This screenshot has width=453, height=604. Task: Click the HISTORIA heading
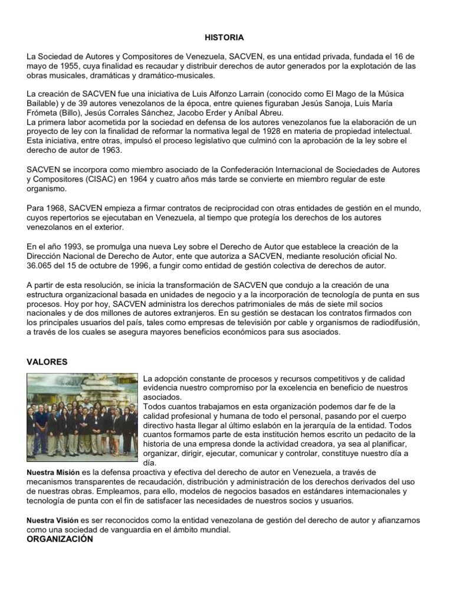point(224,37)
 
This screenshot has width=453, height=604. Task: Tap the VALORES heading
point(47,362)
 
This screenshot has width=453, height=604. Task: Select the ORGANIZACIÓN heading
point(60,539)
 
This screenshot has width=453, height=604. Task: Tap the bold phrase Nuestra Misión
point(53,473)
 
